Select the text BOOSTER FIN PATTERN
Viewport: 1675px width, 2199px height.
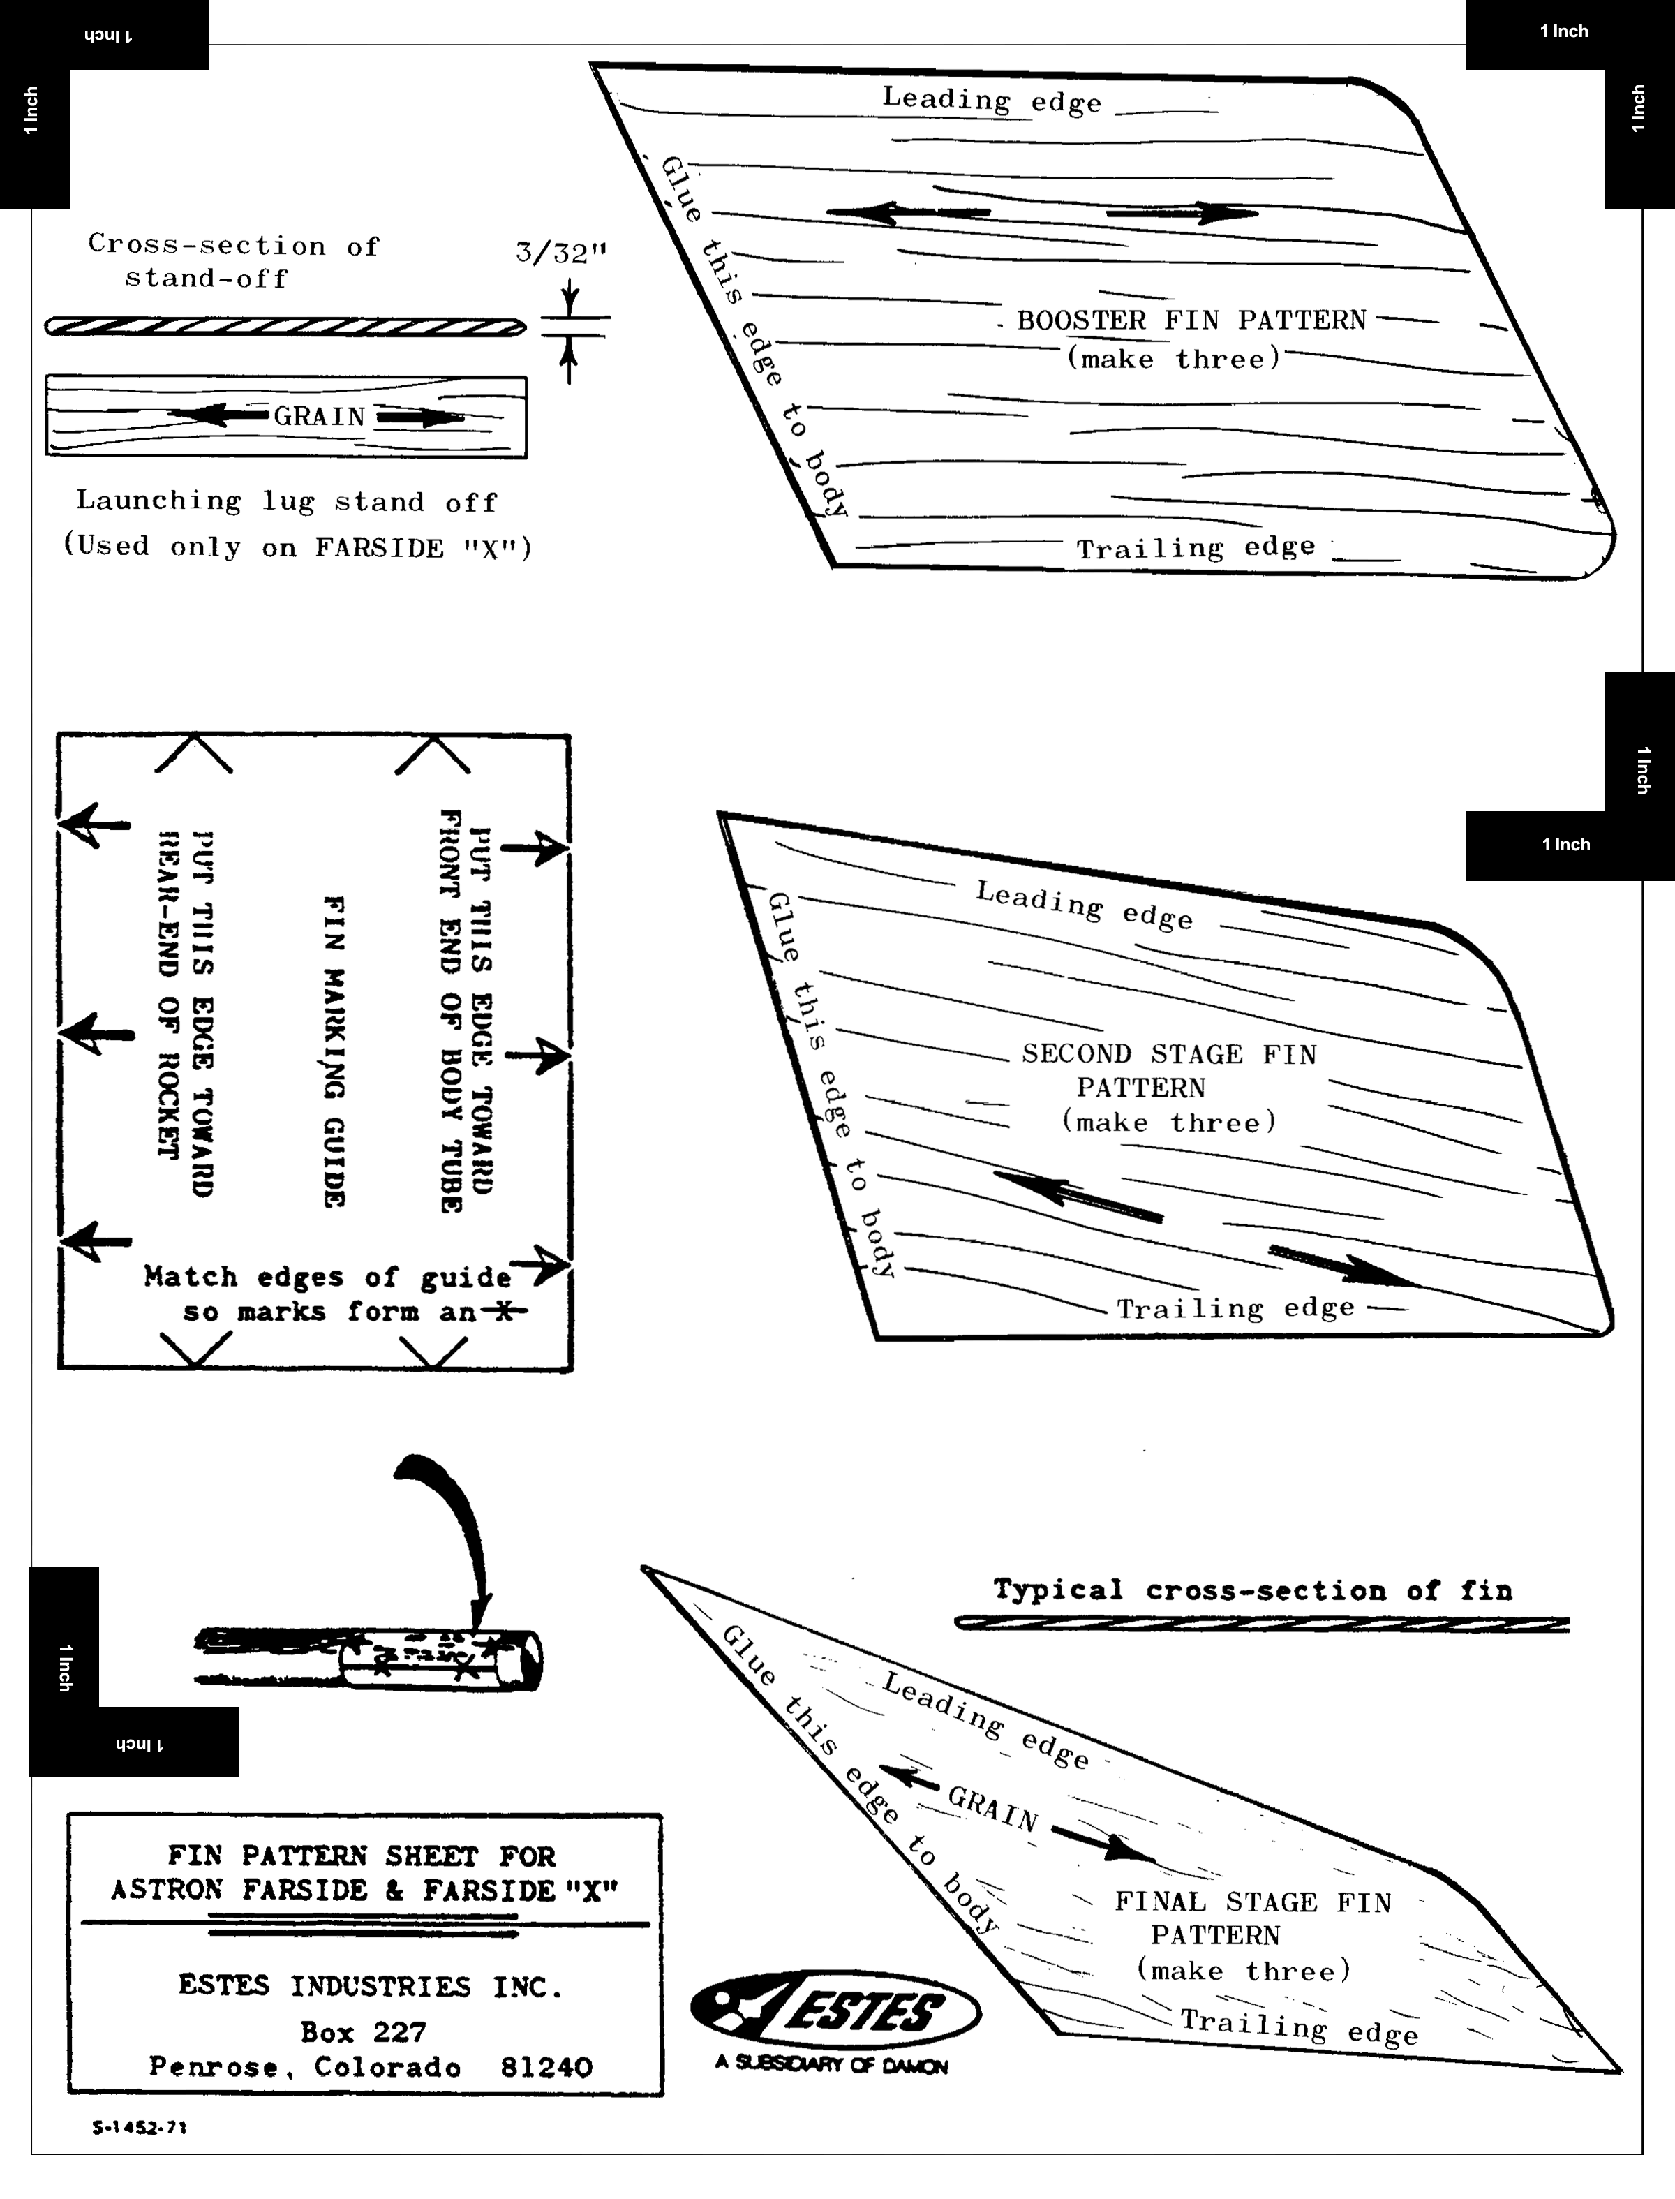1191,320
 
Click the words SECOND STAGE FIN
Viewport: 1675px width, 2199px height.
1168,1054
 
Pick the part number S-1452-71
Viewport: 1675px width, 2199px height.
139,2127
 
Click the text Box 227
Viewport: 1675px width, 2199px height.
363,2032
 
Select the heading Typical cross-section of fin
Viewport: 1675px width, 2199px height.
1252,1590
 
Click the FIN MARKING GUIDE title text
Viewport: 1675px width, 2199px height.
335,1051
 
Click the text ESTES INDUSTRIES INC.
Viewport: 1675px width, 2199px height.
370,1985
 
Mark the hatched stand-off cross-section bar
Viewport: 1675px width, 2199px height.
285,326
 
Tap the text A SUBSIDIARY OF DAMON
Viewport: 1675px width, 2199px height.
831,2064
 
